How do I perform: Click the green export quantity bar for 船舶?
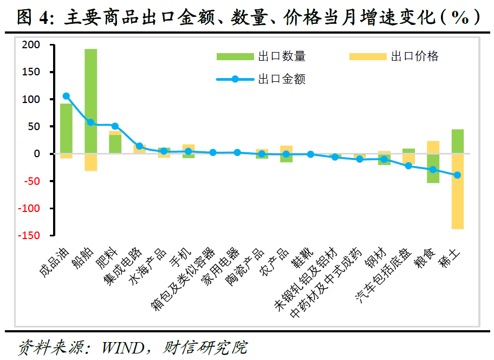tap(90, 101)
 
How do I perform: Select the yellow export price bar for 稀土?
tap(457, 191)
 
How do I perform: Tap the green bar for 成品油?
tap(66, 128)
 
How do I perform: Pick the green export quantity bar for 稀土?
tap(457, 142)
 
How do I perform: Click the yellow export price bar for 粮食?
tap(433, 147)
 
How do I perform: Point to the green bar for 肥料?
tap(115, 144)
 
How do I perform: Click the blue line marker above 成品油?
tap(66, 96)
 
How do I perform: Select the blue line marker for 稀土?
tap(457, 175)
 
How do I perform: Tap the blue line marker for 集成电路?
tap(139, 146)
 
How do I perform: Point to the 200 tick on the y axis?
tap(31, 45)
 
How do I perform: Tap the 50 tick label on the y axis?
tap(34, 126)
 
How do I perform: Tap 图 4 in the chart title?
tap(31, 18)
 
